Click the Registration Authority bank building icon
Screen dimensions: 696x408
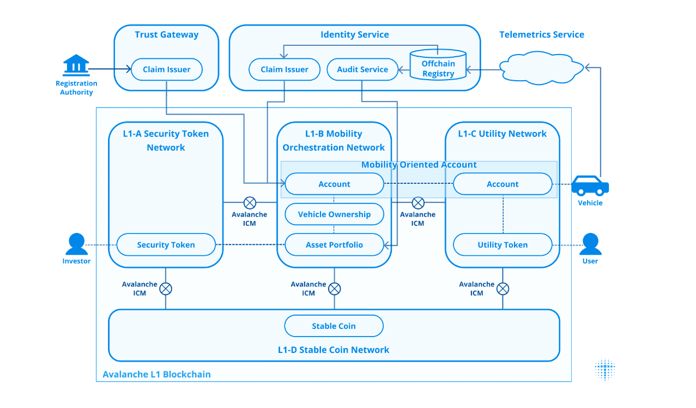76,65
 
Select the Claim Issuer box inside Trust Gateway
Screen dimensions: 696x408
167,69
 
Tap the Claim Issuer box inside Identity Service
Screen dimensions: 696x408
285,69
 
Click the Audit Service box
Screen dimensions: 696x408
362,69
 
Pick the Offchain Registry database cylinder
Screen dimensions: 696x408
438,65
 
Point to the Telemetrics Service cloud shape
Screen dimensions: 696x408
541,68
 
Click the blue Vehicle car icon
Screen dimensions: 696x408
590,185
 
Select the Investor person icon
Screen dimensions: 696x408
76,244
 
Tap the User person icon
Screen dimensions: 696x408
590,244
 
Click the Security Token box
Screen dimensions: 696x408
166,245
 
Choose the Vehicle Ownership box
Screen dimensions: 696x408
334,214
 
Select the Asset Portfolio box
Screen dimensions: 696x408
334,245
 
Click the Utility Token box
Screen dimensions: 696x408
503,245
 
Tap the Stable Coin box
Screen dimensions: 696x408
334,326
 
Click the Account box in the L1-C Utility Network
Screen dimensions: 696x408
503,184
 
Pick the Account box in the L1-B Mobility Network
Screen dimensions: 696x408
334,184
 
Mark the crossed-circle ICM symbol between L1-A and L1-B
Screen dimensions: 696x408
250,203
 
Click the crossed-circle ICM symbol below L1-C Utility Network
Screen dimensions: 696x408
503,289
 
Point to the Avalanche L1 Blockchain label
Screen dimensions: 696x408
156,374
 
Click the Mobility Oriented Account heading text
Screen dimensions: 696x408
419,165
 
